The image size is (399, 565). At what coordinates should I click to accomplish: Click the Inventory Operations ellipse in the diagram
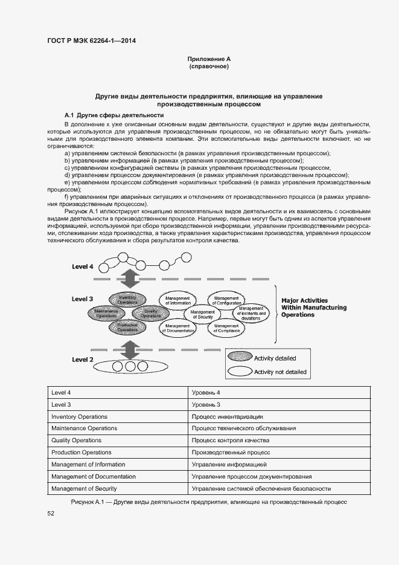pyautogui.click(x=127, y=299)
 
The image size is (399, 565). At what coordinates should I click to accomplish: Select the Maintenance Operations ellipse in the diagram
pyautogui.click(x=106, y=313)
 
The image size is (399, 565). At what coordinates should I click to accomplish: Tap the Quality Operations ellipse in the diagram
pyautogui.click(x=150, y=313)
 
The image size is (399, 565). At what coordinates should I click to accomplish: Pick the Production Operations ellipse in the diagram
pyautogui.click(x=127, y=328)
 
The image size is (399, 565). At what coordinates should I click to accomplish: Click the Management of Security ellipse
pyautogui.click(x=203, y=314)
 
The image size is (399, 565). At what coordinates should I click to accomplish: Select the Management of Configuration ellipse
pyautogui.click(x=226, y=300)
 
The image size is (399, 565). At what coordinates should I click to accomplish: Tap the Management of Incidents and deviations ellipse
pyautogui.click(x=249, y=314)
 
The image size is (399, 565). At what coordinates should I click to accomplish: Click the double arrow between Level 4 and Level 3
pyautogui.click(x=128, y=279)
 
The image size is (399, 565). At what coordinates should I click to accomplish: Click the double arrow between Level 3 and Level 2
pyautogui.click(x=128, y=349)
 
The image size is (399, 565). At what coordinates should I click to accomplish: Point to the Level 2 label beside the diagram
pyautogui.click(x=82, y=360)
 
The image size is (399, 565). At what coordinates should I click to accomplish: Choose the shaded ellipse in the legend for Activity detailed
pyautogui.click(x=240, y=358)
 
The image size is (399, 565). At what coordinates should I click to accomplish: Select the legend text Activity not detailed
pyautogui.click(x=280, y=372)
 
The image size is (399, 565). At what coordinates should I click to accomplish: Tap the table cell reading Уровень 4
pyautogui.click(x=206, y=392)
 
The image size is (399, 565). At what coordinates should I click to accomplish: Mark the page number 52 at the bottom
pyautogui.click(x=51, y=513)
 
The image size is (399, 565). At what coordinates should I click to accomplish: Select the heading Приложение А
pyautogui.click(x=209, y=59)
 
